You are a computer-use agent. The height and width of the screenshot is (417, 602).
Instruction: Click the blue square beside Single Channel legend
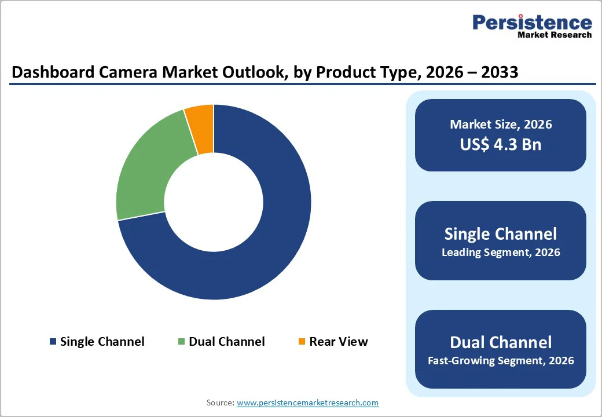click(x=54, y=342)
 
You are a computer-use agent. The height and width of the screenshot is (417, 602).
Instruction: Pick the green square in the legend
click(x=182, y=342)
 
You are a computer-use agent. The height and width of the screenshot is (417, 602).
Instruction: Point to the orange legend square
click(x=302, y=342)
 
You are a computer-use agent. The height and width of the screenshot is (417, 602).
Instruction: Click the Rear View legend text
click(x=339, y=342)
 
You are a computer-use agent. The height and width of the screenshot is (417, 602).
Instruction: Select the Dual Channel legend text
click(x=227, y=342)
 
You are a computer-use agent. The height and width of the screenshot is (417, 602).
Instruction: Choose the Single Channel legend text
click(x=102, y=342)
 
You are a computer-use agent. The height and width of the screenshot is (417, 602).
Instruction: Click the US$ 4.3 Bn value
click(x=501, y=144)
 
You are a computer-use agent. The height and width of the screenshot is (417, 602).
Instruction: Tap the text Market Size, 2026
click(x=501, y=125)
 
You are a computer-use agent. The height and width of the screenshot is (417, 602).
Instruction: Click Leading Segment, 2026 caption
click(x=501, y=253)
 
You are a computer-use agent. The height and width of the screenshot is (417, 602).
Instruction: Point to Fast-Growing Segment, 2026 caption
click(x=501, y=361)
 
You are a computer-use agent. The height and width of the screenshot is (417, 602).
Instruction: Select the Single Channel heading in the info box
click(x=501, y=233)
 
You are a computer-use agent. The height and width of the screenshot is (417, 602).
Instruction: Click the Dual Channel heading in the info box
click(x=501, y=342)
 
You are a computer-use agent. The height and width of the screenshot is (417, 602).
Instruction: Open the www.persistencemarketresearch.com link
click(x=307, y=403)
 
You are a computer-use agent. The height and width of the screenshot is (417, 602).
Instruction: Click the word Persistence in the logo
click(x=532, y=23)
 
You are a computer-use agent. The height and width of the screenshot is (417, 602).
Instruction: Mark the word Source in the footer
click(x=219, y=403)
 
